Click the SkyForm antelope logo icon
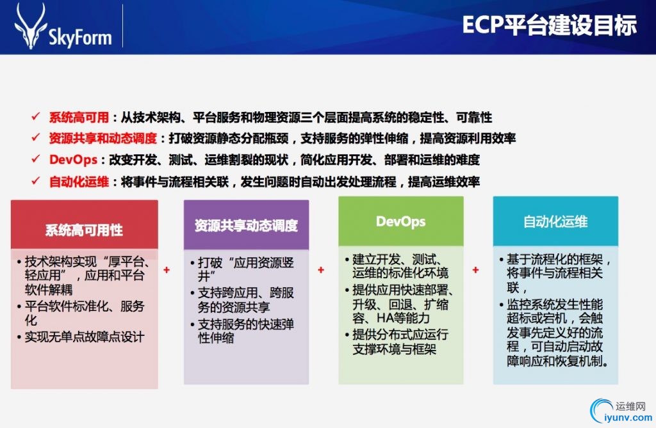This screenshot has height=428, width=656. pos(30,26)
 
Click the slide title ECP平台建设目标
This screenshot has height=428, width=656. pos(549,25)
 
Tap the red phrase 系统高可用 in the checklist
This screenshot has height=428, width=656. pos(79,118)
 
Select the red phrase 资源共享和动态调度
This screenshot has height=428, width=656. pos(102,138)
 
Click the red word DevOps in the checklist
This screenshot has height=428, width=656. pos(73,160)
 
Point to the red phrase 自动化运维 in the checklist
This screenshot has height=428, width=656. pos(79,182)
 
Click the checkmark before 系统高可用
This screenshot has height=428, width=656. pos(36,116)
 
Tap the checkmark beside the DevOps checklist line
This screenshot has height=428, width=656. pos(36,159)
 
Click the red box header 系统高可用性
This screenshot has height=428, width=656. pos(84,230)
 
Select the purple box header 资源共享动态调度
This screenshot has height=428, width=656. pos(246,226)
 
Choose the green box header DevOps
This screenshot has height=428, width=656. pos(401,221)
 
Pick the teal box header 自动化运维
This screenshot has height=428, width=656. pos(555,221)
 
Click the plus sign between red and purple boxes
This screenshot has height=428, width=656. pos(167,270)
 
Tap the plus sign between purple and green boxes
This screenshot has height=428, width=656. pos(321,270)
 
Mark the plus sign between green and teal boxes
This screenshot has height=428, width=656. pos(475,270)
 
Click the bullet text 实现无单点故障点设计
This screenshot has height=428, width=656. pos(85,337)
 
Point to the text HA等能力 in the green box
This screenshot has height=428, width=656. pos(403,319)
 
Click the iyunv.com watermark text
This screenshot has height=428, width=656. pos(628,417)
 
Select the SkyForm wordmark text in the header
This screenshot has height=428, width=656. pos(80,36)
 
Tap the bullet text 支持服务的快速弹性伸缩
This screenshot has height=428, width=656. pos(245,331)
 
